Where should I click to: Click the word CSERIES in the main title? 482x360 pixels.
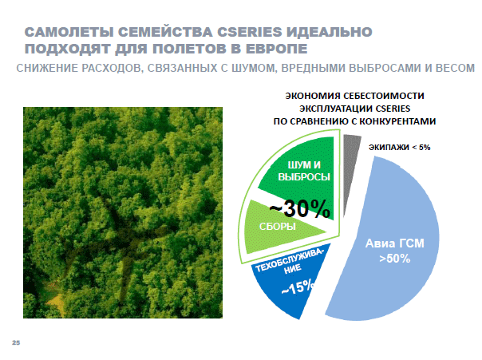click(249, 32)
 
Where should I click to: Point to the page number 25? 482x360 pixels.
click(16, 342)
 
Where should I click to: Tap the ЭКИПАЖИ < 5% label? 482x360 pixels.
click(399, 148)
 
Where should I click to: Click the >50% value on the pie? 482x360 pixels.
click(395, 259)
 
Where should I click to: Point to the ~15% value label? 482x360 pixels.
click(298, 287)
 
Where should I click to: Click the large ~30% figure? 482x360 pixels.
click(300, 209)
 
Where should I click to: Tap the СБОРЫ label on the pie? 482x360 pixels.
click(278, 227)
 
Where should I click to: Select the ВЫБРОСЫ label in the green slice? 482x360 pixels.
click(304, 176)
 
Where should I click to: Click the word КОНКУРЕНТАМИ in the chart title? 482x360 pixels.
click(397, 121)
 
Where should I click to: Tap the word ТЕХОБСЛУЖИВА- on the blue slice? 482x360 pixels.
click(289, 260)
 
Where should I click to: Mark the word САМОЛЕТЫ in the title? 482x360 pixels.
click(69, 32)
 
